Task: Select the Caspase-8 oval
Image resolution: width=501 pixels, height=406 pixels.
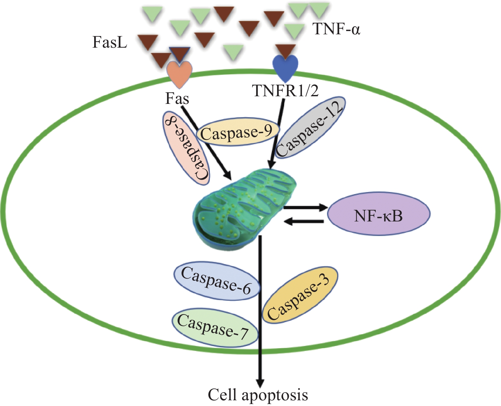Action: [186, 148]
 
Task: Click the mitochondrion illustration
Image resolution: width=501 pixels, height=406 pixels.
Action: [243, 208]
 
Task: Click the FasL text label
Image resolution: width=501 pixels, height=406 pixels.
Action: [110, 42]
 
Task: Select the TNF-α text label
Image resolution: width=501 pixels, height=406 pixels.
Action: [337, 29]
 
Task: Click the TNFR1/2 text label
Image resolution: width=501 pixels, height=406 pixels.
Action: [285, 91]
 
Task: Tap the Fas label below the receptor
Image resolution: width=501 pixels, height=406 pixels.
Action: [177, 98]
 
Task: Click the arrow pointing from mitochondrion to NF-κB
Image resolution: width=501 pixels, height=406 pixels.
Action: [305, 208]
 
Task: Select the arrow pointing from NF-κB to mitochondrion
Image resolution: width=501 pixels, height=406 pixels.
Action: [304, 221]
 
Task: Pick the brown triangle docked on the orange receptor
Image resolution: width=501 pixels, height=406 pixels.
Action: [180, 54]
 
